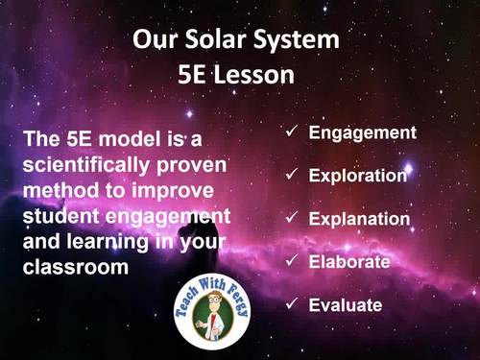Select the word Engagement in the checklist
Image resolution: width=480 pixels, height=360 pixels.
coord(362,132)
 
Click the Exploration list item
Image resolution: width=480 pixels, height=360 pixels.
coord(358,176)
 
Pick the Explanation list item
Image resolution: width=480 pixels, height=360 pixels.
coord(359,219)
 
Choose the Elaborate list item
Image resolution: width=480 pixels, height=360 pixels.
coord(349,262)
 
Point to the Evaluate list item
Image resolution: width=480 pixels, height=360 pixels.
coord(346,305)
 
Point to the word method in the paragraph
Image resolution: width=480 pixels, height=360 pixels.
coord(62,189)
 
